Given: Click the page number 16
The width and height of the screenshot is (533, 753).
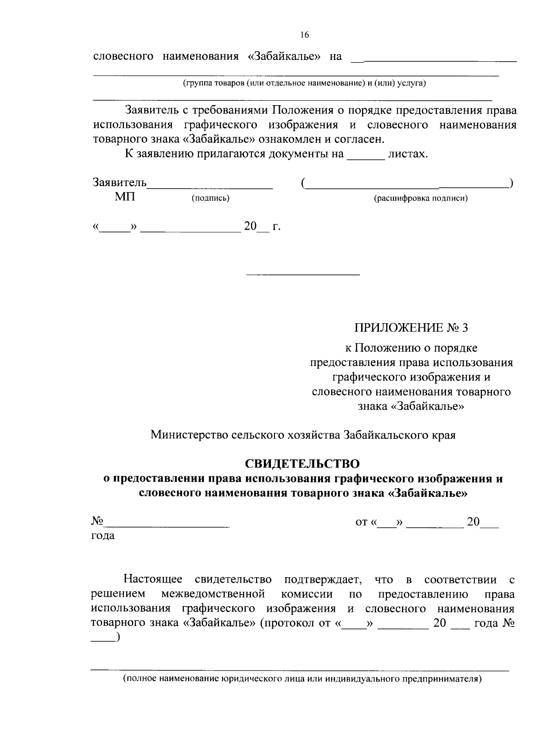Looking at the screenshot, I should pyautogui.click(x=304, y=35).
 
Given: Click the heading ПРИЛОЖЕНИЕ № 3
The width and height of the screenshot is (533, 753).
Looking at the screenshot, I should pyautogui.click(x=411, y=328).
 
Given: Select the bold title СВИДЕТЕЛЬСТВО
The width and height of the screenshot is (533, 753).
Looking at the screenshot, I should pyautogui.click(x=302, y=464).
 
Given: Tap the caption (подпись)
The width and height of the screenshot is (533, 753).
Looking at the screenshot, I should pyautogui.click(x=210, y=198).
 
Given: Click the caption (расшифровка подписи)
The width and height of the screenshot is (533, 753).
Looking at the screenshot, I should pyautogui.click(x=421, y=198).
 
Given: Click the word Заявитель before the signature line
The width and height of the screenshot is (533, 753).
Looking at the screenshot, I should pyautogui.click(x=119, y=182).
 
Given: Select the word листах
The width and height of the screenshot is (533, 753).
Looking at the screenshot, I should pyautogui.click(x=408, y=154).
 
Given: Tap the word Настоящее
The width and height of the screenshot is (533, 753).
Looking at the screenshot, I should pyautogui.click(x=153, y=579).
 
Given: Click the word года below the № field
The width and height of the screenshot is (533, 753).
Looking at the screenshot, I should pyautogui.click(x=103, y=536).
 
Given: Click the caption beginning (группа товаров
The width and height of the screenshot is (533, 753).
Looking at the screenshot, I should pyautogui.click(x=304, y=83).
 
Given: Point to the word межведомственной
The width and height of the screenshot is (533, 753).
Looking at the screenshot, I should pyautogui.click(x=213, y=594).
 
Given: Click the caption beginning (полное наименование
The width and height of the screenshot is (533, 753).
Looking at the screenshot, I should pyautogui.click(x=302, y=679).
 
